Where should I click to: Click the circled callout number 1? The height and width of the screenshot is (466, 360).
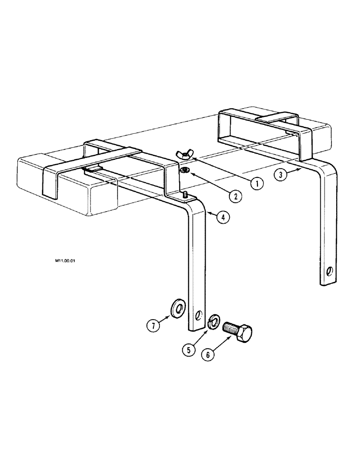click(x=256, y=184)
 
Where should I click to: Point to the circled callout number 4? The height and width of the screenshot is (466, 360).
click(x=224, y=217)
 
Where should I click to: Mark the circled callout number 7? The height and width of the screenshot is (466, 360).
click(x=152, y=325)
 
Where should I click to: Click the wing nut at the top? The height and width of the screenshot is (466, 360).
click(x=183, y=155)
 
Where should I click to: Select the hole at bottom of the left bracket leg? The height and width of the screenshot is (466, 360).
click(x=200, y=316)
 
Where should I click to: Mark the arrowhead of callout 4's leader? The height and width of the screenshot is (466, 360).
click(x=208, y=213)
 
